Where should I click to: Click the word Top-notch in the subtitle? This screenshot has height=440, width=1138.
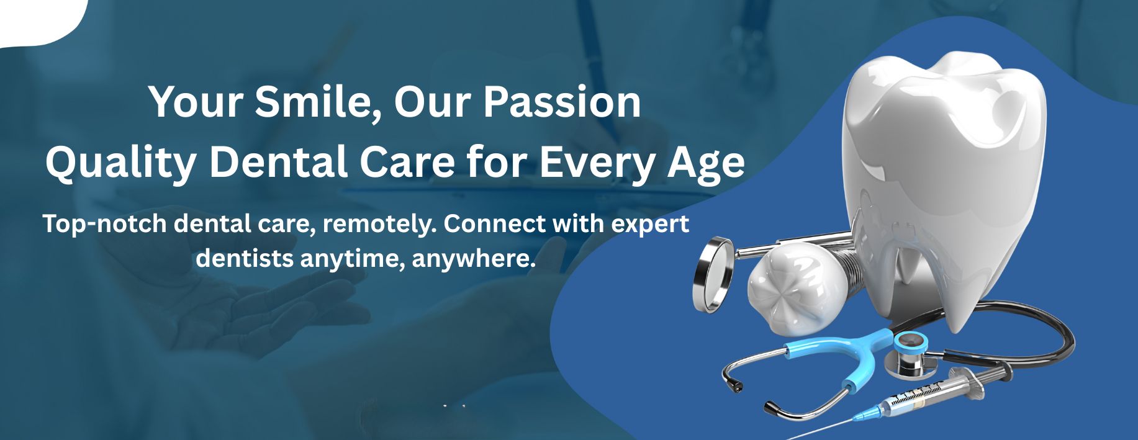[104, 223]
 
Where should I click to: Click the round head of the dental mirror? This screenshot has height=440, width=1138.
[713, 274]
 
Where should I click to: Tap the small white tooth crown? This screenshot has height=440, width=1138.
[796, 287]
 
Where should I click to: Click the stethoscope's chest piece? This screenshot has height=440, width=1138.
[910, 354]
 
